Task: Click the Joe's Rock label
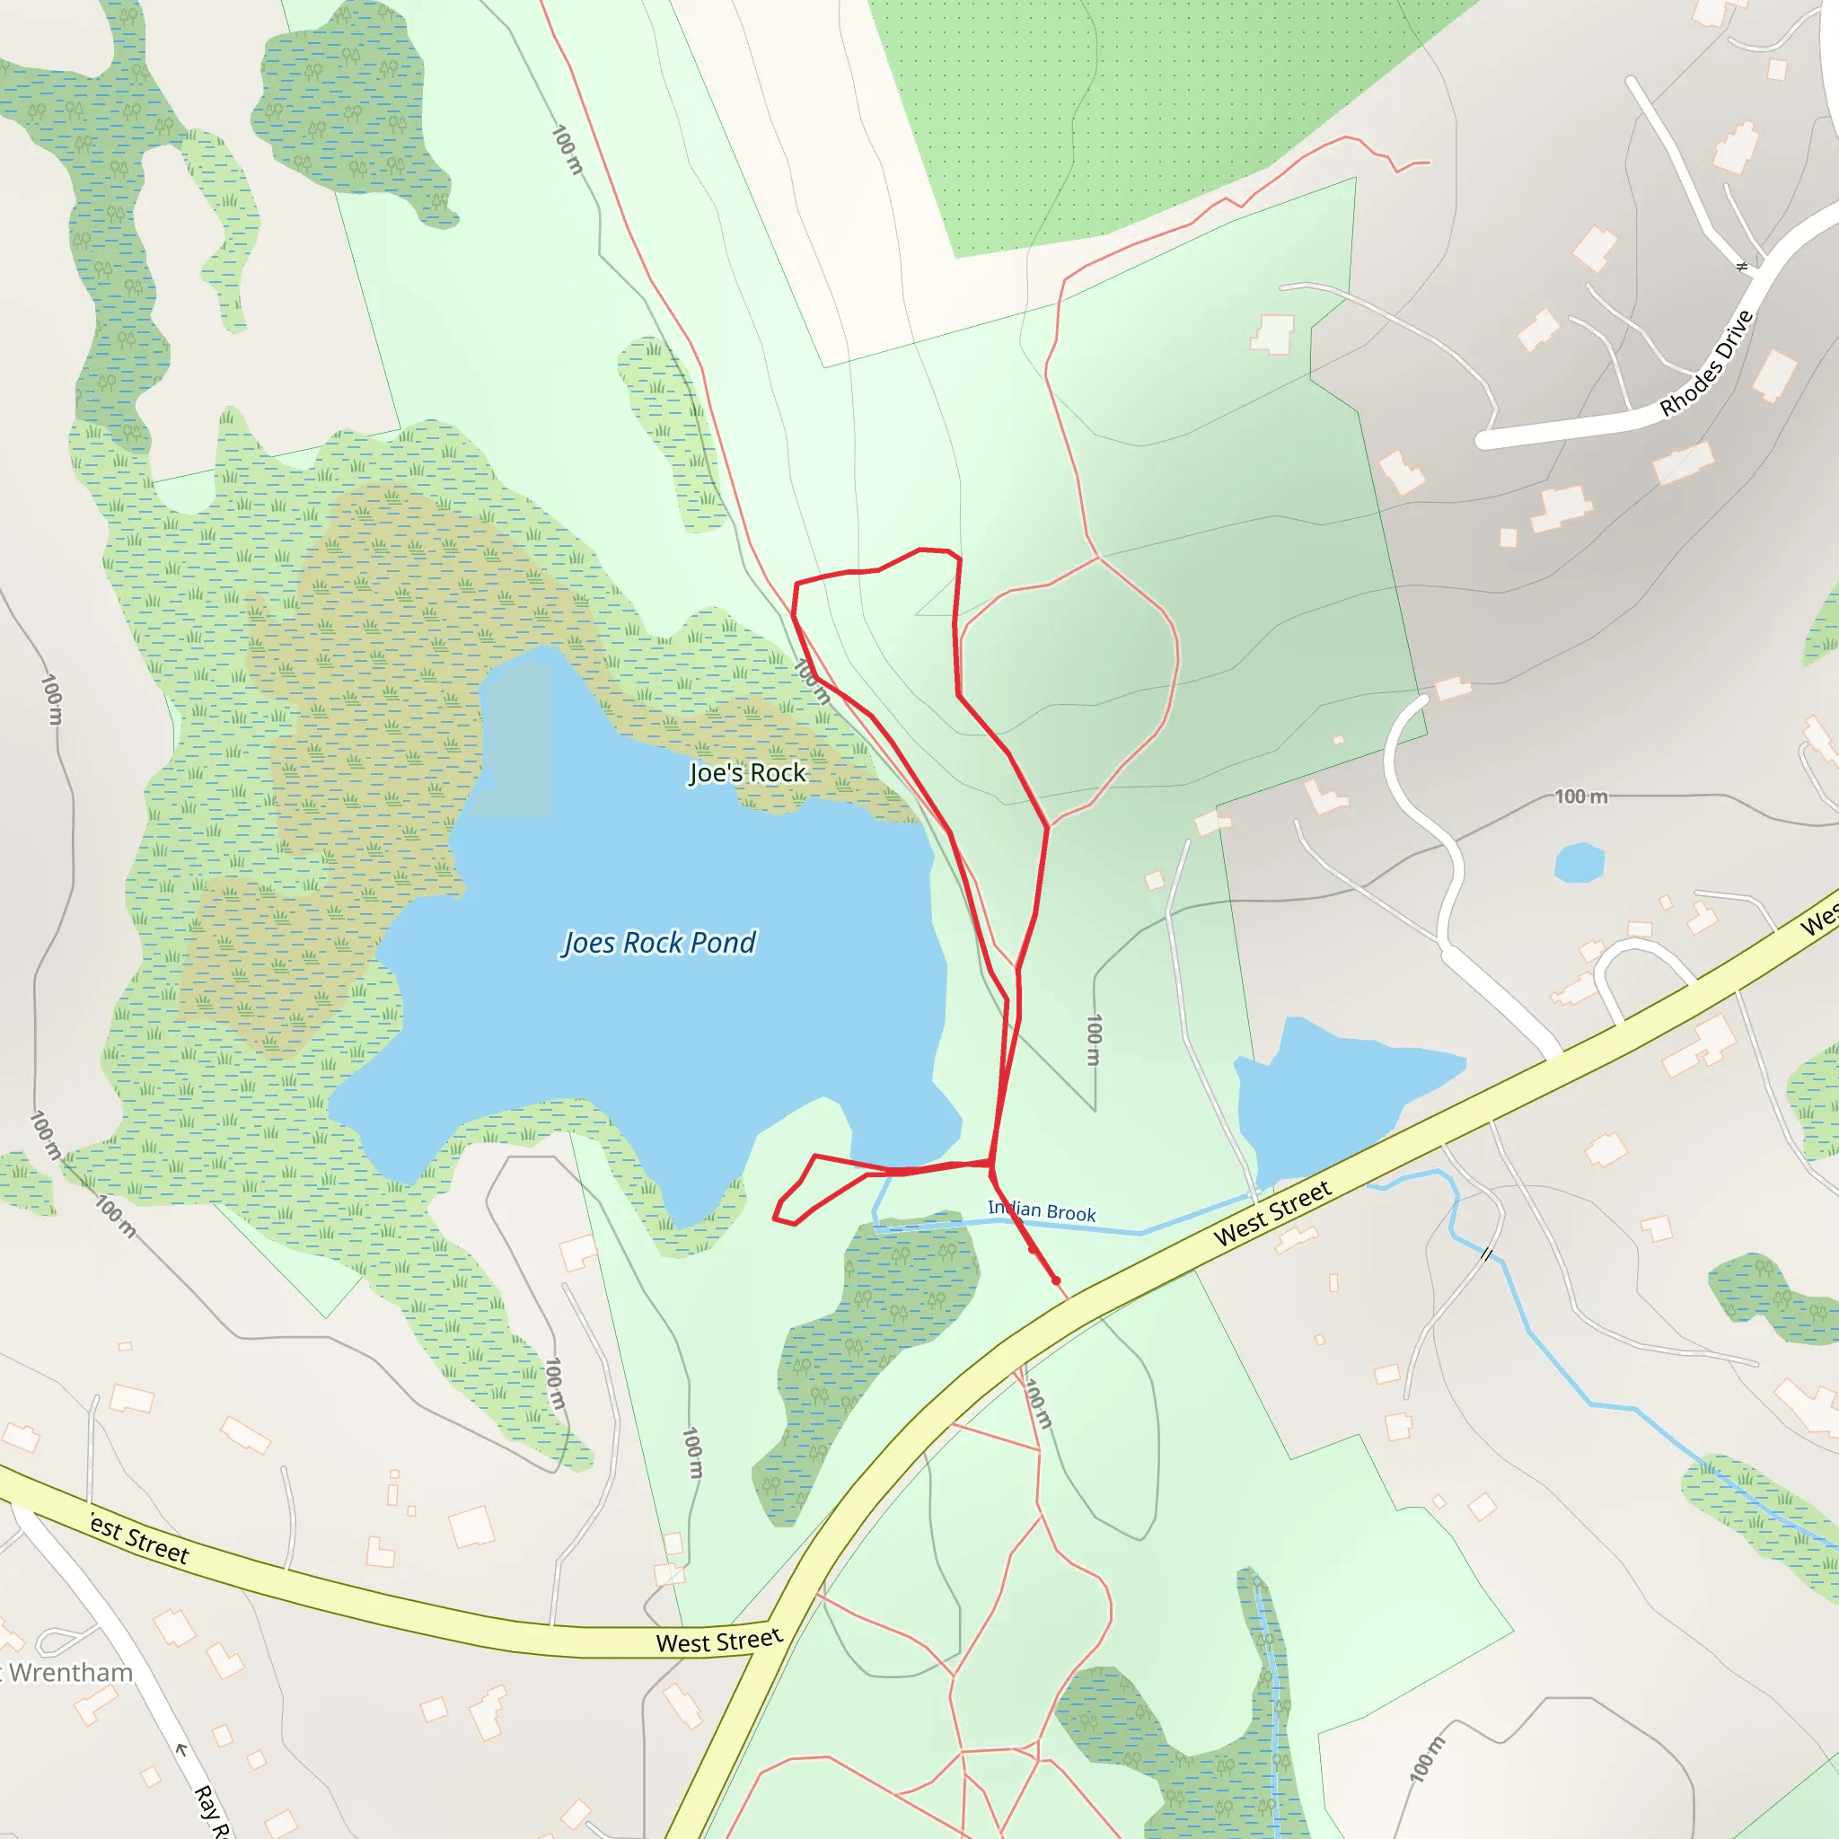(747, 773)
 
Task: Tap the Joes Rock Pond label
(660, 942)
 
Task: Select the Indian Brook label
(1042, 1210)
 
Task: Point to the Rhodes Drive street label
(1706, 364)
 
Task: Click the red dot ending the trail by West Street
(1056, 1281)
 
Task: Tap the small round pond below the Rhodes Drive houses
(1579, 862)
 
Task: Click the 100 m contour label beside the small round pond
(1581, 796)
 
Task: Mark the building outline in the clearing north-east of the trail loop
(1272, 334)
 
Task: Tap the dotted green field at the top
(1123, 114)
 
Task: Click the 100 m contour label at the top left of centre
(568, 149)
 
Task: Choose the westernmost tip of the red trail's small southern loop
(775, 1218)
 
